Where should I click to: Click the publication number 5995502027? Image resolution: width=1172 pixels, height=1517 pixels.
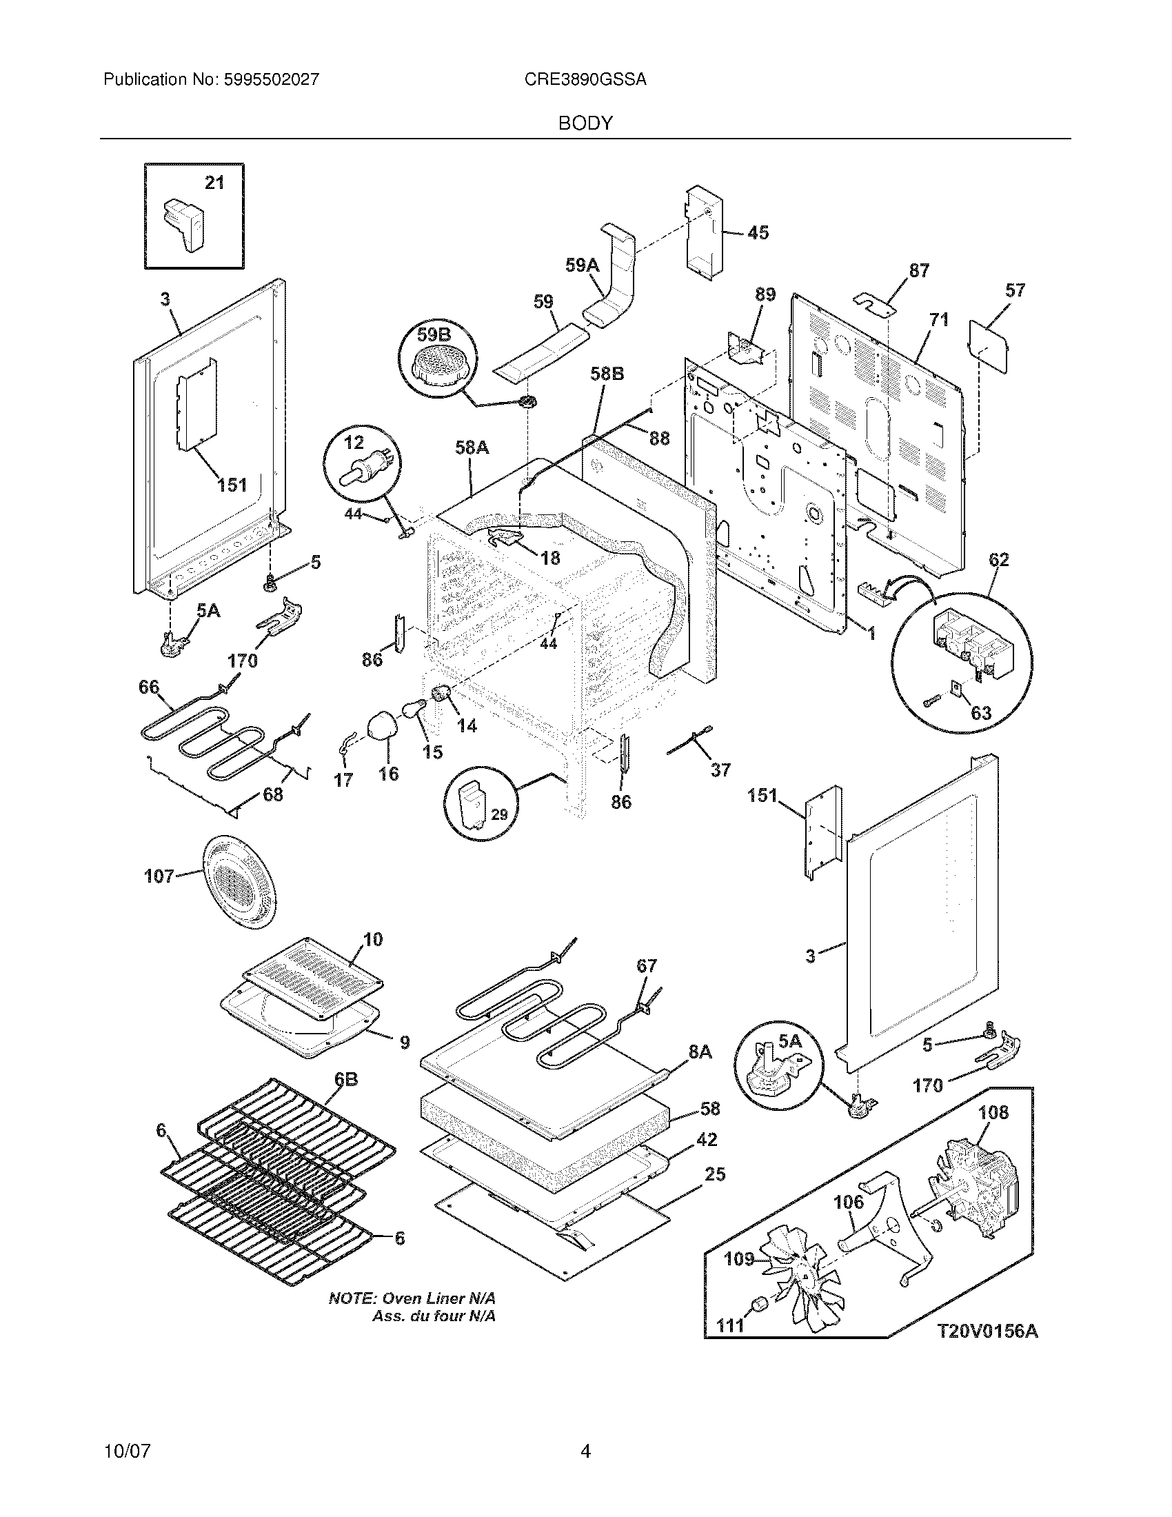click(x=271, y=80)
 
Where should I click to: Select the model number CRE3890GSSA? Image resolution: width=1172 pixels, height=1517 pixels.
click(x=585, y=80)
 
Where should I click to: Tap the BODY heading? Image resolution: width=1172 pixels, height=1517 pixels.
click(x=585, y=123)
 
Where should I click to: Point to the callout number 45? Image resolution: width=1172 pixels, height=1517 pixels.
click(x=758, y=232)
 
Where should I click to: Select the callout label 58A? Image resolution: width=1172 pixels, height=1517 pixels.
click(x=472, y=448)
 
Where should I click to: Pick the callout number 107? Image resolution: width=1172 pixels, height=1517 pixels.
click(x=159, y=876)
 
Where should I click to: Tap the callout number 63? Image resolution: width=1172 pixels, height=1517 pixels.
click(x=980, y=714)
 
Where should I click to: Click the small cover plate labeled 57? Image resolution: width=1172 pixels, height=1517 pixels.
click(x=989, y=346)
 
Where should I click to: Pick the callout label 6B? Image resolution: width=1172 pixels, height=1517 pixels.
click(x=346, y=1078)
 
